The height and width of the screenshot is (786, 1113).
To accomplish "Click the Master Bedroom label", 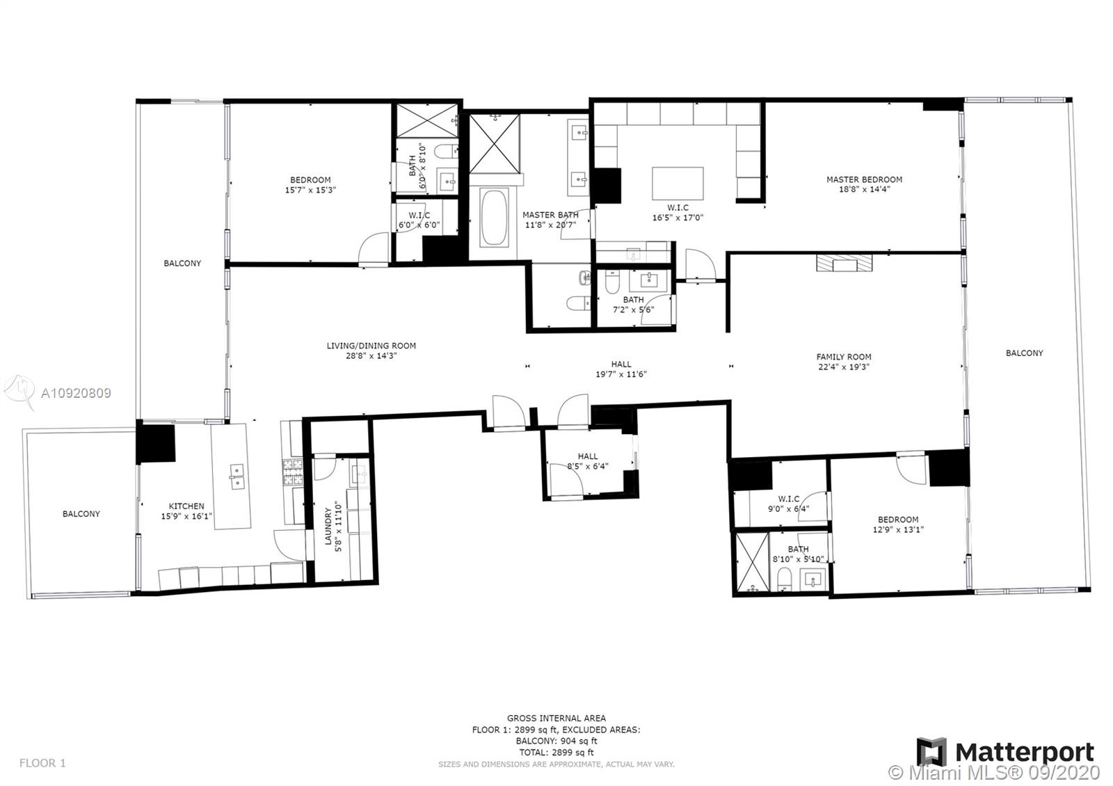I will (x=864, y=179).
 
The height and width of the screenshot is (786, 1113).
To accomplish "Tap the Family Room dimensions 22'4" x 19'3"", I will (x=844, y=367).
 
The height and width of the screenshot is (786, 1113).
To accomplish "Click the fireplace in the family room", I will (x=844, y=263).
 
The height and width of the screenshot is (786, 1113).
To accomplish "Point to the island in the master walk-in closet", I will (x=678, y=183).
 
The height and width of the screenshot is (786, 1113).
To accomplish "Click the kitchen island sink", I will (x=237, y=476).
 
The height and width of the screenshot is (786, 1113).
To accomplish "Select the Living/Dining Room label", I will (x=371, y=346).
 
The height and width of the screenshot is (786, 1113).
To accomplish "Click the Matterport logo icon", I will (x=931, y=753).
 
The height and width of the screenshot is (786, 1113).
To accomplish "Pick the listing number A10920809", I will (x=76, y=393).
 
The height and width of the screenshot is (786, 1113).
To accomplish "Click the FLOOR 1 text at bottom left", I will (x=42, y=763).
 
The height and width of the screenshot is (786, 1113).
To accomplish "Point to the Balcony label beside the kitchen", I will (x=81, y=514).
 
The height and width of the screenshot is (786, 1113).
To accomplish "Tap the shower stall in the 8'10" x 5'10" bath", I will (x=751, y=562).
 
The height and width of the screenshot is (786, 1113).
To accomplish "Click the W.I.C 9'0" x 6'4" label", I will (x=789, y=499).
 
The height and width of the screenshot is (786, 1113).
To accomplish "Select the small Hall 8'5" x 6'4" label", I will (x=588, y=456).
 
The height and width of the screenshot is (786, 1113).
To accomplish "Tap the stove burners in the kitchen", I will (x=292, y=472).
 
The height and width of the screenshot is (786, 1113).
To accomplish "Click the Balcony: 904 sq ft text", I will (x=556, y=741).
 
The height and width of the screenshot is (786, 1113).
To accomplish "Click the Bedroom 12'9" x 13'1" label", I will (x=897, y=520).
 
